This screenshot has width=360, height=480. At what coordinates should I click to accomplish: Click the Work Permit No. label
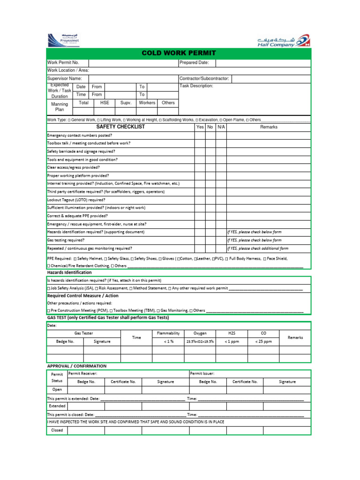click(63, 62)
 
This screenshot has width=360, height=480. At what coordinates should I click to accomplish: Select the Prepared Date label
click(194, 62)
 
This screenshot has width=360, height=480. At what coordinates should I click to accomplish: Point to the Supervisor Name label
click(65, 78)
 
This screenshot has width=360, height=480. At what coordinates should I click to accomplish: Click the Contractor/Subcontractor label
click(204, 78)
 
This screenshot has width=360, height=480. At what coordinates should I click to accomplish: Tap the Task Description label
click(196, 86)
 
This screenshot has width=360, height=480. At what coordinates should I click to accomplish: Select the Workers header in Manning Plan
click(147, 103)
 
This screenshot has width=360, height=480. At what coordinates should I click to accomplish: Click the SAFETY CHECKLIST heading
click(120, 127)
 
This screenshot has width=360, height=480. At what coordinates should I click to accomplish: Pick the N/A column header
click(221, 127)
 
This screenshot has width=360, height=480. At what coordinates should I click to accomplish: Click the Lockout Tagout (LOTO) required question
click(76, 200)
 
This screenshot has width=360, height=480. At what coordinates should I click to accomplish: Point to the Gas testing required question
click(66, 240)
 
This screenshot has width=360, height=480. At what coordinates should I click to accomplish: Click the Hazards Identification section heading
click(69, 272)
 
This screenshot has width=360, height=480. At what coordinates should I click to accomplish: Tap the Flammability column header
click(168, 333)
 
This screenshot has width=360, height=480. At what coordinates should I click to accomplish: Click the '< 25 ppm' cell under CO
click(263, 342)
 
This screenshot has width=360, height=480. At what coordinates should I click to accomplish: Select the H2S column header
click(232, 333)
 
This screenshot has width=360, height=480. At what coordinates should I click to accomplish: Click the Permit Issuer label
click(202, 374)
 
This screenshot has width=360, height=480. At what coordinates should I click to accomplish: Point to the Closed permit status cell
click(57, 430)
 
